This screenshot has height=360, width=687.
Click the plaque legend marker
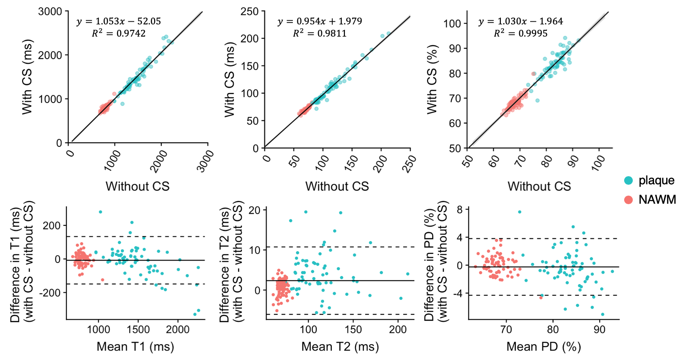tap(628, 181)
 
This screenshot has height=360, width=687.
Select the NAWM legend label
tap(657, 200)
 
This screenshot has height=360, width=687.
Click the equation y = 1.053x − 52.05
tap(118, 21)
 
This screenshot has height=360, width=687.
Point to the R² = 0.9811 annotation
tap(320, 33)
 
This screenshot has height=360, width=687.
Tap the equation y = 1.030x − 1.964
tap(520, 21)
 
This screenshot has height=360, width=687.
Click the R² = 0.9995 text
tap(520, 33)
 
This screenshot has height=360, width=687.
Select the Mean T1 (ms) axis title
tap(135, 347)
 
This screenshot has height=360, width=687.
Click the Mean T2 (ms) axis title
tap(340, 347)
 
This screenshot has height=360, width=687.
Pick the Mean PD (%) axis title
tap(543, 347)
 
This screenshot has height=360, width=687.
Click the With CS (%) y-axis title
tap(433, 79)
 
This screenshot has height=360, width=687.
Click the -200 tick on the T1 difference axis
tap(51, 293)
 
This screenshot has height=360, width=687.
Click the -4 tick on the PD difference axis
tap(459, 294)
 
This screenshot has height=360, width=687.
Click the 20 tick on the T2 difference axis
tap(254, 210)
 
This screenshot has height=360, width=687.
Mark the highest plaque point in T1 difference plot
tap(100, 212)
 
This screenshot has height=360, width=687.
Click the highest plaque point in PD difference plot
tap(519, 212)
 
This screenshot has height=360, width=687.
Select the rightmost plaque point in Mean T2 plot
tap(408, 274)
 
